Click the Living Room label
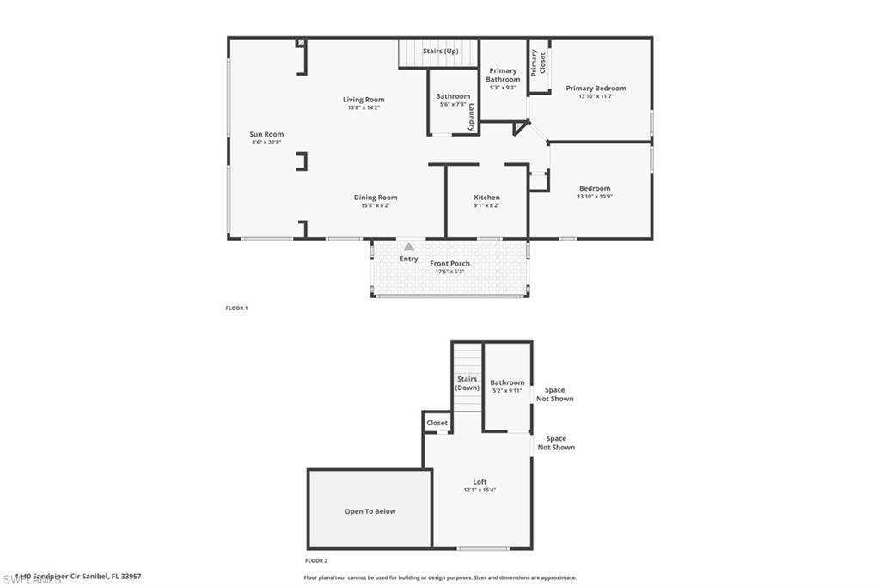(364, 100)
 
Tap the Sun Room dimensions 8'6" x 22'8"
(267, 143)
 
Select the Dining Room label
(376, 198)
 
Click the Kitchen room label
(486, 198)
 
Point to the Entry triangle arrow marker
(409, 247)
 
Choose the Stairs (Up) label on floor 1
(440, 52)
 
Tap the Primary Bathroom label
(503, 75)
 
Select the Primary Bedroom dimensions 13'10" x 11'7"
(596, 96)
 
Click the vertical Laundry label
(472, 117)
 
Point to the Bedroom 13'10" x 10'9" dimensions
(595, 197)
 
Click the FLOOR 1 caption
(235, 308)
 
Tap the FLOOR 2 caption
(316, 559)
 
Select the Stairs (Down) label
(467, 383)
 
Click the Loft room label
(480, 482)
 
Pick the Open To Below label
(370, 511)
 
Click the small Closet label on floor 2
(437, 423)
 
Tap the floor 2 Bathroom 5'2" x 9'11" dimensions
(507, 391)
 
